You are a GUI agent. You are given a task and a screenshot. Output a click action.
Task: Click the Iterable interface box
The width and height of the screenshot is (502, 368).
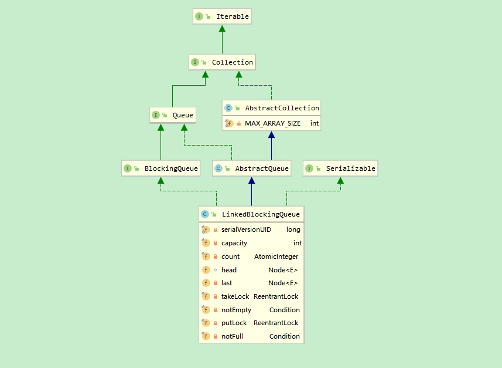click(222, 16)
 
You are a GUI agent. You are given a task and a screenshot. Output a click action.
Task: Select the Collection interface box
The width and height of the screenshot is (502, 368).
click(222, 62)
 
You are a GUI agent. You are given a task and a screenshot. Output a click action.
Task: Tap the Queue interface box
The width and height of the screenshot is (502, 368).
click(172, 115)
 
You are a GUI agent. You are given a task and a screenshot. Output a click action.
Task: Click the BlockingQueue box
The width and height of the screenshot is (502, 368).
click(160, 168)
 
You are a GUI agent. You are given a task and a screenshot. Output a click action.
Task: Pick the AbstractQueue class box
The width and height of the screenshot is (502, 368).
click(252, 168)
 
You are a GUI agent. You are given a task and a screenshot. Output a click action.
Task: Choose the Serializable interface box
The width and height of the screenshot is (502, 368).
click(340, 168)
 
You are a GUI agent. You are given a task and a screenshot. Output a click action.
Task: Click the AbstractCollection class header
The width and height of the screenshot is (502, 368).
click(272, 108)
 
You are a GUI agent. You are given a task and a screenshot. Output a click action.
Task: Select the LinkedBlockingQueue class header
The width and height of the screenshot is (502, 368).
click(251, 214)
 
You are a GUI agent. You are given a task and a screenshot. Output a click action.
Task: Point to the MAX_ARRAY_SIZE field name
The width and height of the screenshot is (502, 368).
click(272, 124)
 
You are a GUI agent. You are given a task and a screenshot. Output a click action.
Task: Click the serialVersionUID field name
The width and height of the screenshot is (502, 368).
click(246, 229)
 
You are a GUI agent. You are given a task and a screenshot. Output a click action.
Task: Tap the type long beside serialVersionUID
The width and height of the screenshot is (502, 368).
click(293, 229)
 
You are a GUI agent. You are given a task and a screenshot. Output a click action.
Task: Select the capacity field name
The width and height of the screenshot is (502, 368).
click(234, 243)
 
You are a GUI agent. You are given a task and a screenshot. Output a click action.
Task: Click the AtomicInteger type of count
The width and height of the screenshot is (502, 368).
click(276, 256)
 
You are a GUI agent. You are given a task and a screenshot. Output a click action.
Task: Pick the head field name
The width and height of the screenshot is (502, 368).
click(229, 270)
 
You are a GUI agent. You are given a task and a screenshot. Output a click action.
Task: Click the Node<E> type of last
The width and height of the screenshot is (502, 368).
click(283, 283)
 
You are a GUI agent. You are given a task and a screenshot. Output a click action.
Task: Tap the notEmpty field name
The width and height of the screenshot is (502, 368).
click(236, 310)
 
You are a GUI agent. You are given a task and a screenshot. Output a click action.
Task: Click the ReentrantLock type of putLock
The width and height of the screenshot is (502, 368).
click(276, 323)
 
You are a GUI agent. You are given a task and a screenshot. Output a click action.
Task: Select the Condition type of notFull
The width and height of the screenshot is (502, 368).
click(284, 336)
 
